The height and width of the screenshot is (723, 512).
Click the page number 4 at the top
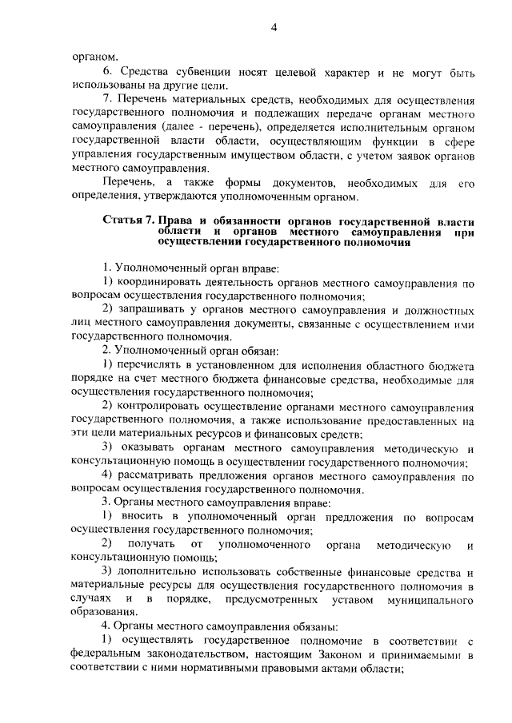(x=273, y=29)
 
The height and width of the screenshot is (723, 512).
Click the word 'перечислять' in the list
(x=152, y=364)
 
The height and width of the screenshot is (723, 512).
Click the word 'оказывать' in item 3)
(x=149, y=448)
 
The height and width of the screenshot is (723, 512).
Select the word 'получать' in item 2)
(x=152, y=545)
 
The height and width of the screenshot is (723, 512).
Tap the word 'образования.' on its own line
(x=104, y=613)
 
